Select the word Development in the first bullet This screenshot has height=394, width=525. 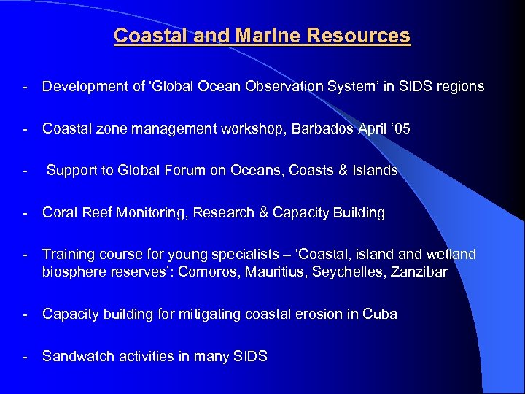pyautogui.click(x=82, y=87)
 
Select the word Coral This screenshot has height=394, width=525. pyautogui.click(x=59, y=213)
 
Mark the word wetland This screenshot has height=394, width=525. pyautogui.click(x=451, y=255)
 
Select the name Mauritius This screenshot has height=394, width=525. pyautogui.click(x=275, y=272)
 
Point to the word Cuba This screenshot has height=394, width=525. pyautogui.click(x=381, y=314)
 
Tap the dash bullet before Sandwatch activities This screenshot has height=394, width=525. pyautogui.click(x=26, y=357)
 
